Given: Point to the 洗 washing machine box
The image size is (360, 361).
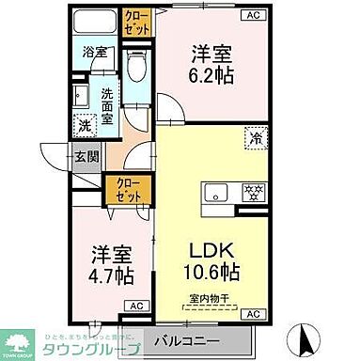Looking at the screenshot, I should click(86, 123).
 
